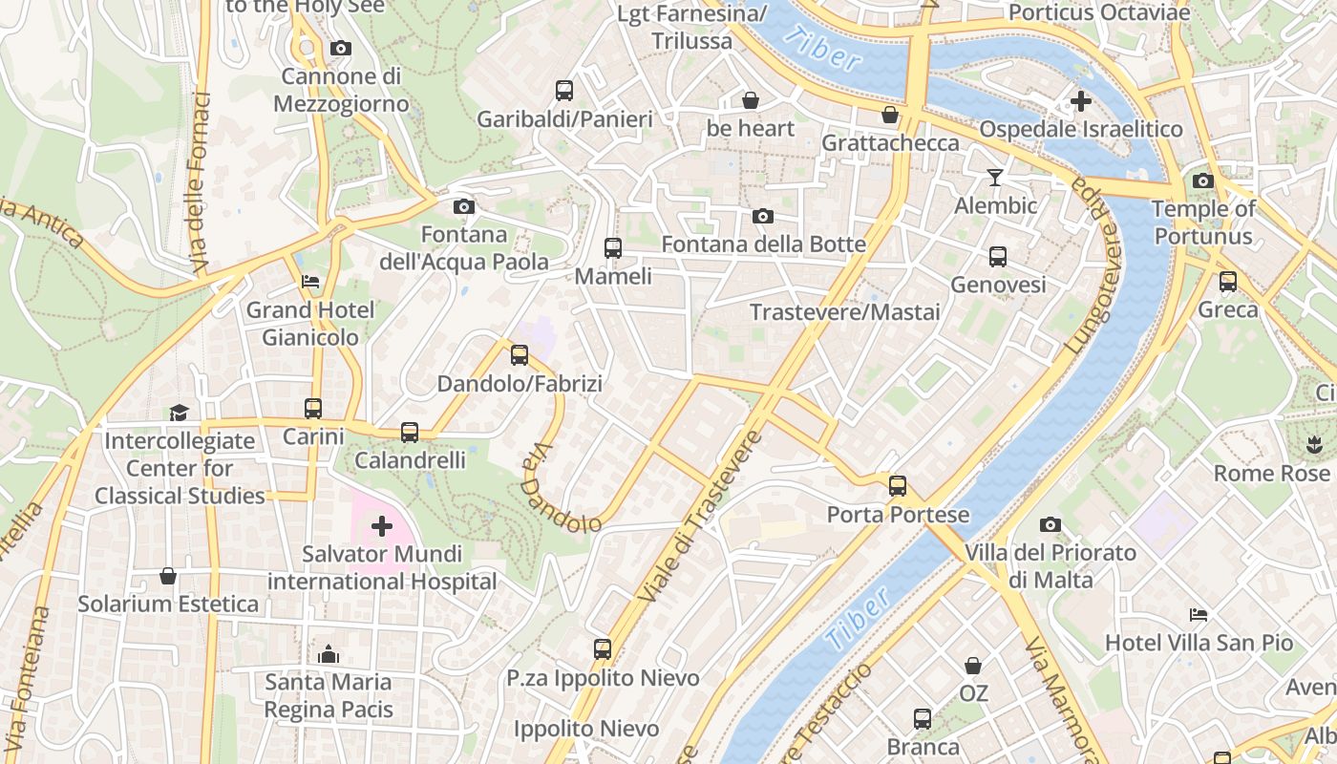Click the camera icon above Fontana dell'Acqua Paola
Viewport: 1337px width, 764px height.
click(x=463, y=206)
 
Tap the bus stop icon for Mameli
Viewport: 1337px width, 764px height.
click(x=613, y=248)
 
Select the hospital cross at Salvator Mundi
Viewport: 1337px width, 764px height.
click(x=382, y=526)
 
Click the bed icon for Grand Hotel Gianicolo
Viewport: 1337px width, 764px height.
click(x=310, y=282)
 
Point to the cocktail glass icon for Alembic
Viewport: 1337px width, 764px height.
click(x=995, y=178)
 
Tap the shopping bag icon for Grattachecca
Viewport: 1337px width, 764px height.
click(x=890, y=115)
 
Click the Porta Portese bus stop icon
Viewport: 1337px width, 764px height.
click(x=898, y=486)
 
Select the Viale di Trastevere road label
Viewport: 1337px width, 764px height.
click(x=700, y=517)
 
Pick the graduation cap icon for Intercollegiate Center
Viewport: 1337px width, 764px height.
click(x=179, y=413)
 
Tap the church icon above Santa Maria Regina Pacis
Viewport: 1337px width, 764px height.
click(x=329, y=654)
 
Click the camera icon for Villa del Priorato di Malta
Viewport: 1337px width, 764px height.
click(x=1050, y=524)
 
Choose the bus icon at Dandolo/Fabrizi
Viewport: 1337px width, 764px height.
click(x=520, y=355)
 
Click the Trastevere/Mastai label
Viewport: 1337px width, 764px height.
click(x=844, y=312)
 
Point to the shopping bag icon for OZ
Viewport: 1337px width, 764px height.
click(x=973, y=666)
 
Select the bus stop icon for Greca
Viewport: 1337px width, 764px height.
click(x=1228, y=282)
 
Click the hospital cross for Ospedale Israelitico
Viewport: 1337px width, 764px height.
click(x=1081, y=100)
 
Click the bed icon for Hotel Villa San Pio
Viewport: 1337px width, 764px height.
click(x=1199, y=615)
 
